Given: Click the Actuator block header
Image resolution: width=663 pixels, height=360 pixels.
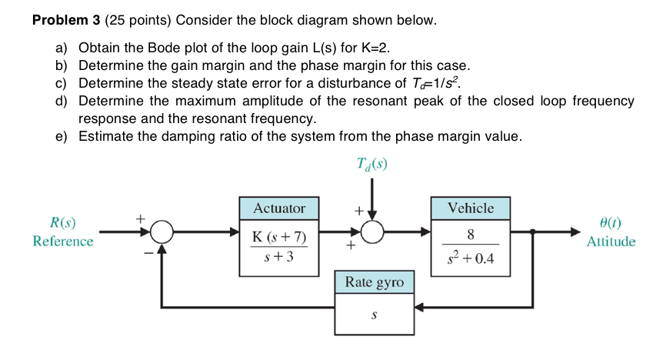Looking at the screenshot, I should point(279,208).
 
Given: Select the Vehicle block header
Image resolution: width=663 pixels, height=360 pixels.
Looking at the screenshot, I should point(470,208).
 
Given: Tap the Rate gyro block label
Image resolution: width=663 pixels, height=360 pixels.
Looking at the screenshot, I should point(375,283).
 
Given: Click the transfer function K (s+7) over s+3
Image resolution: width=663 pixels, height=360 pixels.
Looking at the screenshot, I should point(279,245).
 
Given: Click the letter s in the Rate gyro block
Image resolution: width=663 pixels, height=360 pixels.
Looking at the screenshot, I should point(375,315).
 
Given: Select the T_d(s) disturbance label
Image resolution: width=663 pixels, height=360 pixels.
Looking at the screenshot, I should point(373,163).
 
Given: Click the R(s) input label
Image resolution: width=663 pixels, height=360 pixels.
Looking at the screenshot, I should point(62,224).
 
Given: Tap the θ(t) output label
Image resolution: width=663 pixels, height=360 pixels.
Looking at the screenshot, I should point(611,224).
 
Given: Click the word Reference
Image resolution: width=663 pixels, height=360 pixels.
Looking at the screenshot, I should point(63,242).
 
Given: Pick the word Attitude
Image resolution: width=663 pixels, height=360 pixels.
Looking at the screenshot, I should point(611,242).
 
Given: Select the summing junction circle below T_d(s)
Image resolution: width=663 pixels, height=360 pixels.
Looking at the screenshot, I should point(373,231).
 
